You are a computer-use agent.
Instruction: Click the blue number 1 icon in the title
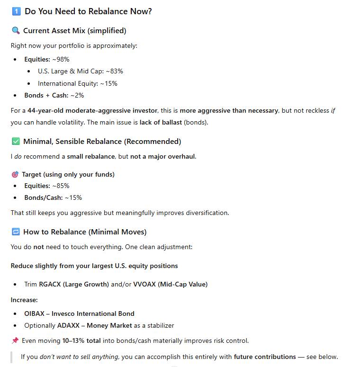16,11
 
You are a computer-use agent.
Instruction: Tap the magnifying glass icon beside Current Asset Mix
16,31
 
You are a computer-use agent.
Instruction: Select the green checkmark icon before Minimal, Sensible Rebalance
16,141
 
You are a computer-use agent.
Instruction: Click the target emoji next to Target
15,174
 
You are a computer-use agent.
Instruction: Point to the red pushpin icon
15,340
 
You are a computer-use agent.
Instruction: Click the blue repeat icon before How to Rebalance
16,232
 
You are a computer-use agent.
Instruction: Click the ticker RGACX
50,284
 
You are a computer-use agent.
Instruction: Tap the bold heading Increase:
24,300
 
